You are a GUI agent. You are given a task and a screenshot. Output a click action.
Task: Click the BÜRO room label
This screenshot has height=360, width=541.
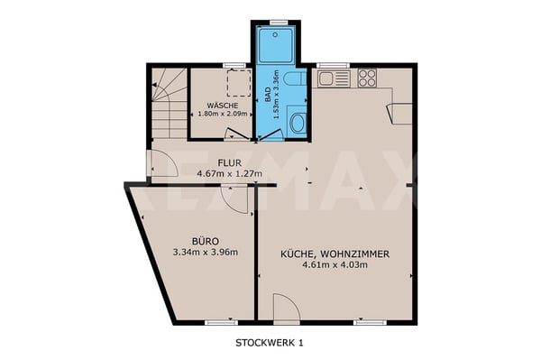tap(206, 241)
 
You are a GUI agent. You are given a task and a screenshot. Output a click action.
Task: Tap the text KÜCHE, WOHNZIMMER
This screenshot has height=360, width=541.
tap(335, 254)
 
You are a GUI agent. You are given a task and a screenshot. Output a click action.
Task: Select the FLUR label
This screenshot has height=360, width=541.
tap(229, 162)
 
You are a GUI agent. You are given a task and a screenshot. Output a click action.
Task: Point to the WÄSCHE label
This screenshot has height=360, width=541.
tap(223, 106)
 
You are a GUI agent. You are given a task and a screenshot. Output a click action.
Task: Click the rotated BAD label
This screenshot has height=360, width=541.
tap(268, 95)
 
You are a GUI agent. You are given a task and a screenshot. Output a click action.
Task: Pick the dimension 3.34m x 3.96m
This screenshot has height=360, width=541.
tap(206, 253)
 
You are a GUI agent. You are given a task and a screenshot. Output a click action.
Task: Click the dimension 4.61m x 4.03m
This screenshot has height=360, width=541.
tap(335, 265)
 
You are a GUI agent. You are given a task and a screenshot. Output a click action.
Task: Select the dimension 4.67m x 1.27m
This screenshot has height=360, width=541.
tap(229, 173)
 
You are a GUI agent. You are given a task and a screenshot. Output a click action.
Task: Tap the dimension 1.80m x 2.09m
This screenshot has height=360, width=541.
tap(223, 114)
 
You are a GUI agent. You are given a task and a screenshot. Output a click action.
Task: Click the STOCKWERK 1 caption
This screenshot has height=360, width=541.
tap(270, 343)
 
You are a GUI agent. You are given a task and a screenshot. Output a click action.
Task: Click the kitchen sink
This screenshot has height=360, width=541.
tap(325, 79)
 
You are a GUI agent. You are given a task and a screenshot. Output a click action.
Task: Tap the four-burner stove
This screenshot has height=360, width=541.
tap(367, 78)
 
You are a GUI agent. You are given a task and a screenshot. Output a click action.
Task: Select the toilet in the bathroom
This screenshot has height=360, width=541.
tap(295, 78)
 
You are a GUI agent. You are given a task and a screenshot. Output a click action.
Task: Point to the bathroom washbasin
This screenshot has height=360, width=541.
tap(297, 123)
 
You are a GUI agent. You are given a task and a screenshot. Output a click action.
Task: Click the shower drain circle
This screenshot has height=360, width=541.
tap(275, 34)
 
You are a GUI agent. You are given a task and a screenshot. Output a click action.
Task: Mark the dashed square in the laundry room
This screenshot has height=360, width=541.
tap(239, 83)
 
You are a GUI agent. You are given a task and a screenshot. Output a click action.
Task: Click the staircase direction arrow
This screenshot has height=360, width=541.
tap(154, 84)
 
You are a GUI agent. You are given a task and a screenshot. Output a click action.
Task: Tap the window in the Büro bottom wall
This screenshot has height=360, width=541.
tap(221, 323)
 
